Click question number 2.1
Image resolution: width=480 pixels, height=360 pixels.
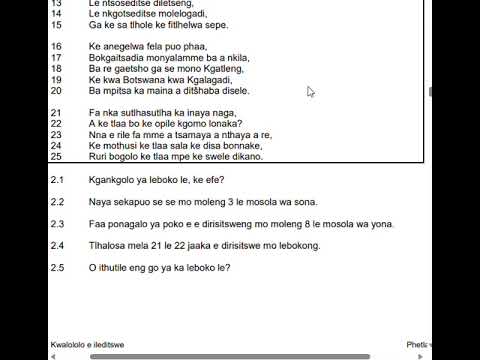[57, 181]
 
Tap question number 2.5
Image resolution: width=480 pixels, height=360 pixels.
[57, 267]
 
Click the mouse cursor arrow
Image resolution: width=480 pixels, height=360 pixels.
[311, 92]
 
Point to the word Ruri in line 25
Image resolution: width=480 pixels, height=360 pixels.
[98, 156]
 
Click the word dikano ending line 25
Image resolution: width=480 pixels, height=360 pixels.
[248, 156]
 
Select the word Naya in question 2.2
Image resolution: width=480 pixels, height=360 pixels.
[100, 202]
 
